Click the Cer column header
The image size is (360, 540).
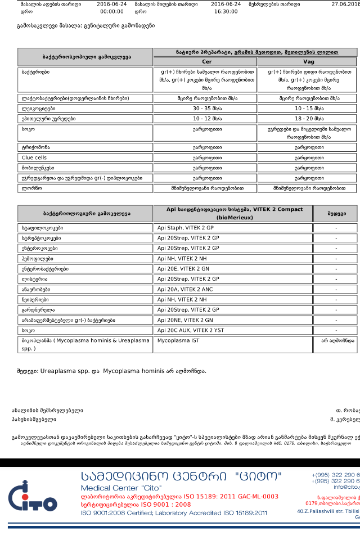[205, 61]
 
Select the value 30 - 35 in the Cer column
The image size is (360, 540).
[205, 109]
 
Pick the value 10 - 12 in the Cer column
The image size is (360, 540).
[205, 119]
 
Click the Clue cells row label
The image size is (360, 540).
[34, 157]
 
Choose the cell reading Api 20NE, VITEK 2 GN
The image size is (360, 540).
[185, 320]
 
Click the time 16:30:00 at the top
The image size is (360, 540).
[226, 11]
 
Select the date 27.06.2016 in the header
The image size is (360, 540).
[345, 4]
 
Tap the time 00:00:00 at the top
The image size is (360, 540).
[111, 11]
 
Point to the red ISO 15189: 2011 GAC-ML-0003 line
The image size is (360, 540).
[179, 497]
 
